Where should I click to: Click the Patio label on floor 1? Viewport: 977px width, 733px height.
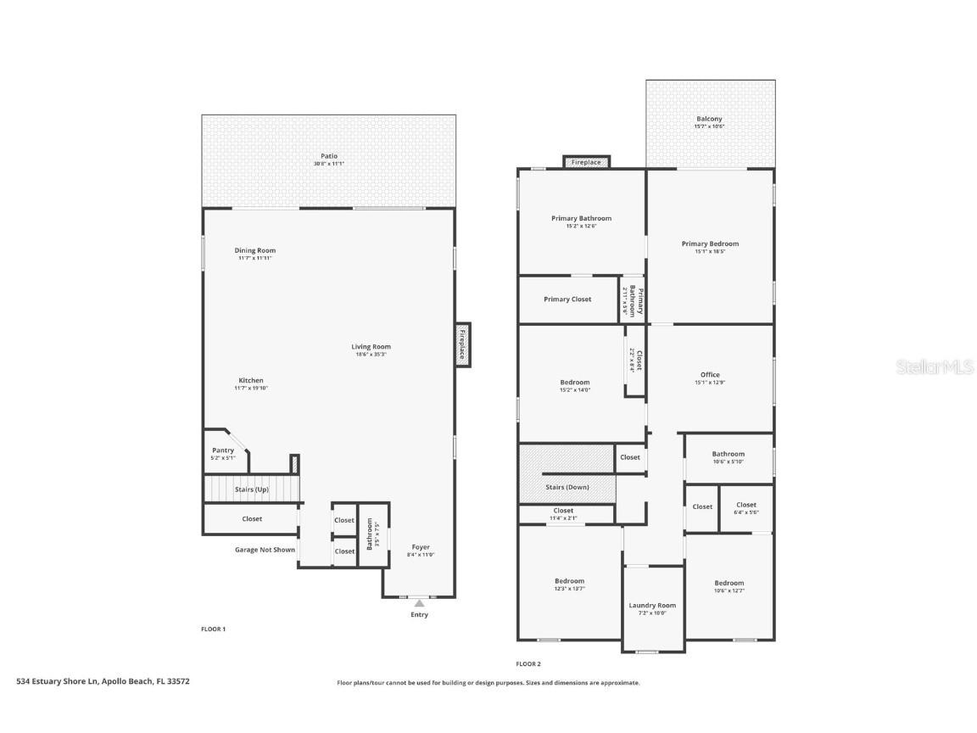(329, 156)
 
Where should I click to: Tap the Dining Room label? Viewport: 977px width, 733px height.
(254, 250)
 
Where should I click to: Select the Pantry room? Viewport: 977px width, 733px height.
(223, 450)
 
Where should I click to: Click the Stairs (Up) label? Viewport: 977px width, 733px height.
(252, 490)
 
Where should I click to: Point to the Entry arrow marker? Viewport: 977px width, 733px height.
(419, 603)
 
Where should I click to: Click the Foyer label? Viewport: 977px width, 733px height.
(421, 547)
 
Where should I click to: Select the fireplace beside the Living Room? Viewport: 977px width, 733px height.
(462, 345)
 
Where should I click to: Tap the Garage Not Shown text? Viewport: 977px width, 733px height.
(265, 550)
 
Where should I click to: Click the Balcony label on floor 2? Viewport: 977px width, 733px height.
(710, 119)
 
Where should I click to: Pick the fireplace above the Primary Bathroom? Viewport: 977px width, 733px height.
(586, 161)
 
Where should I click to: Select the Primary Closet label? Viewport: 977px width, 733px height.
(567, 299)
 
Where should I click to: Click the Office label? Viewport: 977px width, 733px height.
(710, 375)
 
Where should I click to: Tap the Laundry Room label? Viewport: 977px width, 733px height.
(652, 606)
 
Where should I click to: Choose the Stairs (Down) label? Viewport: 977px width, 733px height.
(567, 487)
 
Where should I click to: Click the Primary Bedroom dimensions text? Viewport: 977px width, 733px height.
(710, 252)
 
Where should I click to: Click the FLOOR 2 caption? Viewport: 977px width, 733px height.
(528, 664)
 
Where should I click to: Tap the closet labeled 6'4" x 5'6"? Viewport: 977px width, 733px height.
(746, 508)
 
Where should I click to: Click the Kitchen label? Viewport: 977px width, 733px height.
(250, 380)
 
